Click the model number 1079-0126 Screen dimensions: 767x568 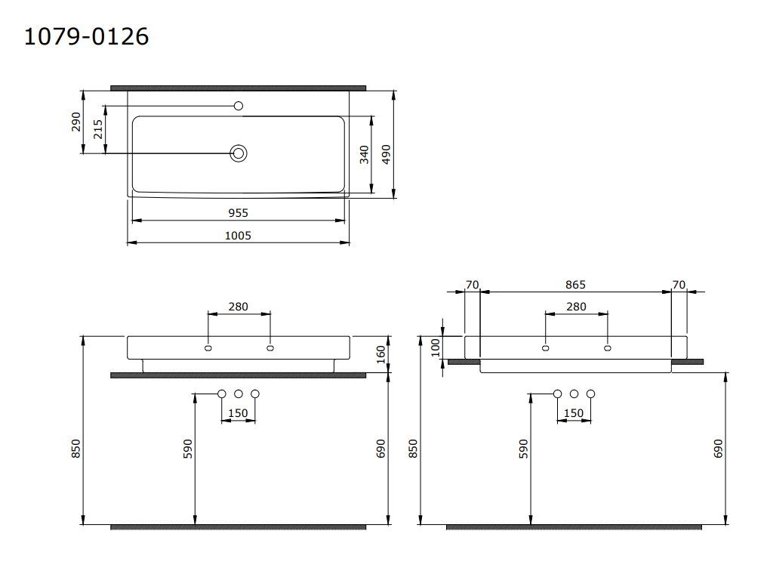[x=86, y=37]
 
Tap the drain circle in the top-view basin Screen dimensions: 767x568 [x=239, y=153]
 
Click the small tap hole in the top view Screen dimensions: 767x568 [x=239, y=106]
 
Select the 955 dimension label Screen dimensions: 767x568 [x=239, y=213]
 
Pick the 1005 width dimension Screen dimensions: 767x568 [x=239, y=236]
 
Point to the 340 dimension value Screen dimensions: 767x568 [x=364, y=155]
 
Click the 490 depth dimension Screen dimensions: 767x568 [x=386, y=155]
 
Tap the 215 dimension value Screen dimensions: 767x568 [x=98, y=129]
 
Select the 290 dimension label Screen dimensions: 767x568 [x=75, y=122]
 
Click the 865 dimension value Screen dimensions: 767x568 [x=575, y=285]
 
